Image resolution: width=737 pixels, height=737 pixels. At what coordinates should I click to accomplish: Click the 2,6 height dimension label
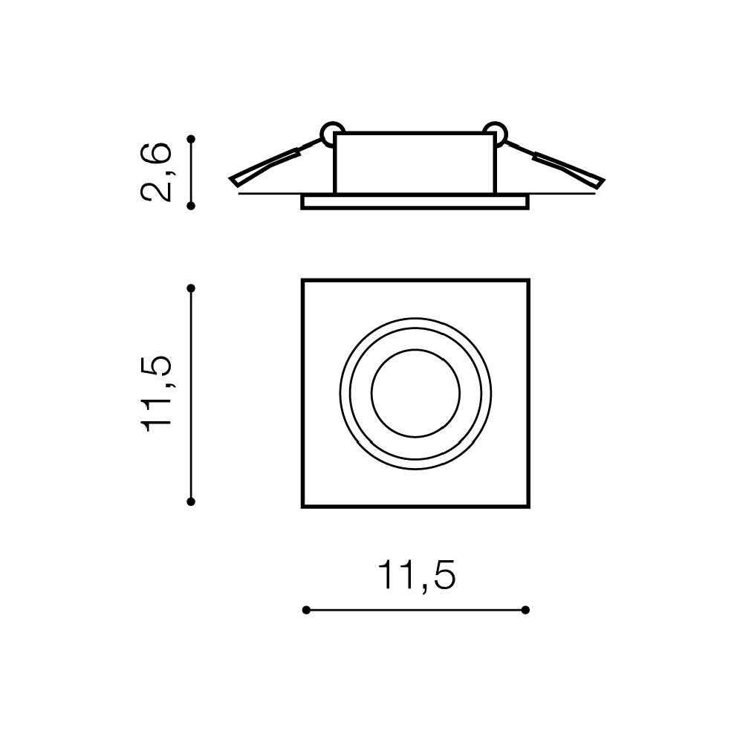156,172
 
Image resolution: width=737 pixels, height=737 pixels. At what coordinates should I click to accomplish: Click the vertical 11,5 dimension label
156,394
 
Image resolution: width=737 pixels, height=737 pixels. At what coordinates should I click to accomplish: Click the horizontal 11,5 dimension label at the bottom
417,574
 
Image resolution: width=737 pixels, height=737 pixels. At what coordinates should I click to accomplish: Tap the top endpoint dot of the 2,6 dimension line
191,139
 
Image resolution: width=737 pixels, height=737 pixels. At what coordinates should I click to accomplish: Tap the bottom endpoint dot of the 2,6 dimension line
191,206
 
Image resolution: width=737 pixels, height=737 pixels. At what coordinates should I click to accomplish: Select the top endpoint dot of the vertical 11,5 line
191,288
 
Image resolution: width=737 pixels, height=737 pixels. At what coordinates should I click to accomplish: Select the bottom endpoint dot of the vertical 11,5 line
191,502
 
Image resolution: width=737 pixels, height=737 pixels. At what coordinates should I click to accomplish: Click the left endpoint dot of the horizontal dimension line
306,610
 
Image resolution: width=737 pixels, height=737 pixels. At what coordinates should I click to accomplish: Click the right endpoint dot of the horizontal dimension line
526,610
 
